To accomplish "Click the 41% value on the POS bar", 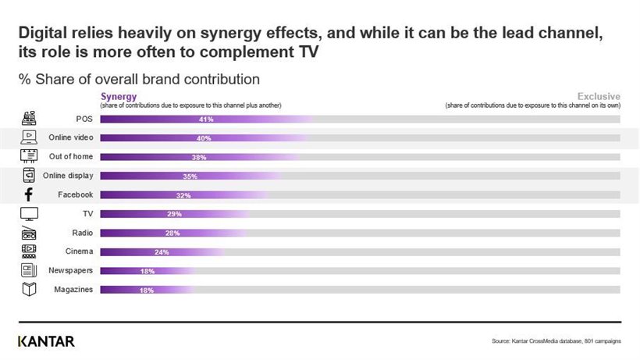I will [x=206, y=119].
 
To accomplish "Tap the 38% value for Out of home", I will [x=199, y=157].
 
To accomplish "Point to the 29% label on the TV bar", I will [x=174, y=214].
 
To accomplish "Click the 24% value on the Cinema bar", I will [x=162, y=252].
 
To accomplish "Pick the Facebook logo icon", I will [x=29, y=194].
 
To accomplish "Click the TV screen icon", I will [x=29, y=213].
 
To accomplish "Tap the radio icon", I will [x=29, y=232].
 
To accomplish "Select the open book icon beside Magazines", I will [x=29, y=290].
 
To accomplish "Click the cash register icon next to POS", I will [x=29, y=119].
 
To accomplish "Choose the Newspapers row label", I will [x=72, y=270].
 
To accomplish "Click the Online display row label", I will [x=69, y=176].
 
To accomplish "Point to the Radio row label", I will [x=82, y=233].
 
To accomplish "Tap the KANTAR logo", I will [x=46, y=341].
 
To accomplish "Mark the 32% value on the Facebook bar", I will [x=183, y=195].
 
